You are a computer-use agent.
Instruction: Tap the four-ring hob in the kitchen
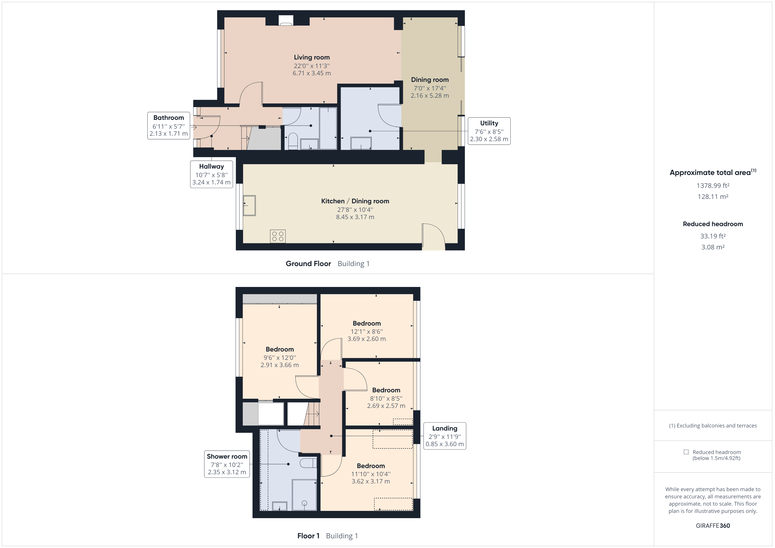pos(277,236)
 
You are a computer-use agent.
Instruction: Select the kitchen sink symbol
pos(250,205)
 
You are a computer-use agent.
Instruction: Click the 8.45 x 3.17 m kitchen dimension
pos(355,217)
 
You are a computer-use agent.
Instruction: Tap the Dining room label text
pos(430,80)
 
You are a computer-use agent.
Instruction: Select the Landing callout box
pos(445,436)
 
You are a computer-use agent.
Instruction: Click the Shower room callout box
pos(227,464)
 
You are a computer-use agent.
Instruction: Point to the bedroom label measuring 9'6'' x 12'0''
pos(279,350)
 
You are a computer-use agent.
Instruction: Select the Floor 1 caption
pos(308,536)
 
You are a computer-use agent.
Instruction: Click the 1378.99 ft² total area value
pos(713,186)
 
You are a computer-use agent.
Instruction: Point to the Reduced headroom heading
pos(713,224)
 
